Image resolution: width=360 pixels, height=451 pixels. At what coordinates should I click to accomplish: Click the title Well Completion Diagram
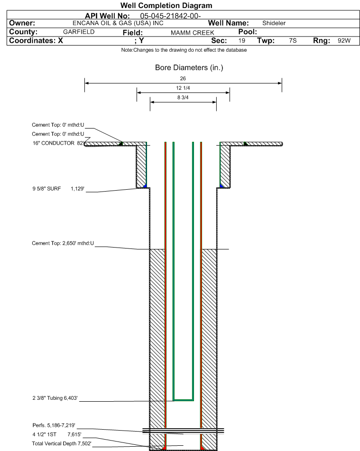pos(166,6)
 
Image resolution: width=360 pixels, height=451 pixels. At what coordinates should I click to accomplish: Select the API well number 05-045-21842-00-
pos(170,16)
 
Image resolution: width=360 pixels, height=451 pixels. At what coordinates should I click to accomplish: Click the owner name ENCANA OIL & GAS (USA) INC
pos(118,23)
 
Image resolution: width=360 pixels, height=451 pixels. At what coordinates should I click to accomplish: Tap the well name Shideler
pos(274,23)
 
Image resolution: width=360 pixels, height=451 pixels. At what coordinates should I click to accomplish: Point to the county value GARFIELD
pos(79,32)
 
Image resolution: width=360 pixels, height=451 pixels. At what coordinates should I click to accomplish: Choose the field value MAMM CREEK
pos(193,33)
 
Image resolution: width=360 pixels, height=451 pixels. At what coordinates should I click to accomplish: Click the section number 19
pos(242,41)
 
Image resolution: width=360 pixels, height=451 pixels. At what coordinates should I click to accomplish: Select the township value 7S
pos(293,41)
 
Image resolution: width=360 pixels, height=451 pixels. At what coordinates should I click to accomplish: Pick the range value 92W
pos(344,41)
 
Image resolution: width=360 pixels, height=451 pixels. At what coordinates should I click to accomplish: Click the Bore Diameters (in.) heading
pos(189,68)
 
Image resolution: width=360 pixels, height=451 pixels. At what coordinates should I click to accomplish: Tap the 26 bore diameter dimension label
pos(183,78)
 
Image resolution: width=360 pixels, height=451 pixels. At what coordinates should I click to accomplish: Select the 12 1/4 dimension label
pos(183,88)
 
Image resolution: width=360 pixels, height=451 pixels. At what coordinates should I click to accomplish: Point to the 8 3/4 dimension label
pos(183,98)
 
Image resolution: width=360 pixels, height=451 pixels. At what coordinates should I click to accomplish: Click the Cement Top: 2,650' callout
pos(63,243)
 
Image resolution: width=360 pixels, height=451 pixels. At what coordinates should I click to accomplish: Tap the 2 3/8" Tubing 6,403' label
pos(55,398)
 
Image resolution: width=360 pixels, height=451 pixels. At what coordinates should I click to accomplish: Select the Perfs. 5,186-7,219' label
pos(54,425)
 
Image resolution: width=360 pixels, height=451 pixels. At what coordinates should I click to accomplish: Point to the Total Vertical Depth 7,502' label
pos(62,443)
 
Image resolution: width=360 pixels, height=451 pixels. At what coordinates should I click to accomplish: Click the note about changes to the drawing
pos(184,50)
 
